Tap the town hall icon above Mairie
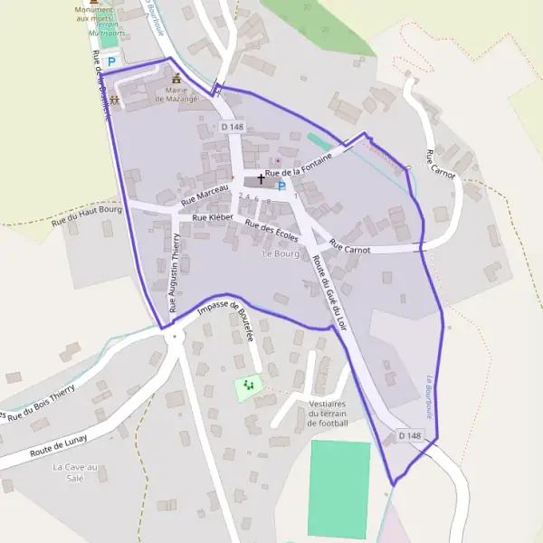click(176, 79)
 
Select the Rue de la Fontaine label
click(299, 166)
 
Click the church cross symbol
click(262, 179)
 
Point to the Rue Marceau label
click(205, 193)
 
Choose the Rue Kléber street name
click(213, 218)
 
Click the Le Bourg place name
click(281, 254)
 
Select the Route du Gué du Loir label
click(329, 291)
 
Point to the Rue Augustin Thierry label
click(176, 266)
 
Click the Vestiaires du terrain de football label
click(328, 413)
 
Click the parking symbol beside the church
click(281, 186)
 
